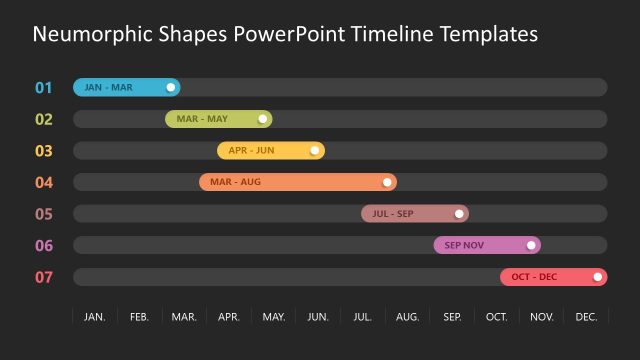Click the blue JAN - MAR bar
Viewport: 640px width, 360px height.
[120, 87]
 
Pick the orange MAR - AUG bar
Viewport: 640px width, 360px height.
[290, 182]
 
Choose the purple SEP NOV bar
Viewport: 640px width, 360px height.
[480, 245]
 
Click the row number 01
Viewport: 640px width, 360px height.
[43, 88]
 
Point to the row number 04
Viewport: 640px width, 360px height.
[43, 183]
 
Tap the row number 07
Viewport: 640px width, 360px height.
[43, 277]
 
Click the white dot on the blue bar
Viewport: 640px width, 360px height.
[171, 87]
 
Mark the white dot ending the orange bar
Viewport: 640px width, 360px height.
[387, 182]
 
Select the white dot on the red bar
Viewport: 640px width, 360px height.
[598, 277]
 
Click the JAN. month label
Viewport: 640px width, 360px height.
[95, 317]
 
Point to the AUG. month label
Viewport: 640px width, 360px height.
[407, 317]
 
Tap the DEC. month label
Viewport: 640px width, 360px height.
[587, 317]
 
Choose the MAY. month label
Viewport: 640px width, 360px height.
[273, 317]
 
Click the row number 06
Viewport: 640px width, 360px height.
[43, 246]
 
